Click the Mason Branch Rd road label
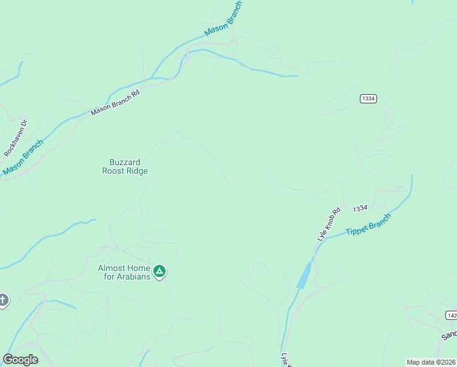point(115,103)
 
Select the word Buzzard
point(125,162)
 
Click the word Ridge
point(137,171)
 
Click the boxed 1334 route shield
point(368,98)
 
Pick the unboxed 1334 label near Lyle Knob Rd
point(360,208)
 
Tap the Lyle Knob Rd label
point(328,224)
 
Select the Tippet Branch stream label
point(368,224)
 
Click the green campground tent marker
point(159,271)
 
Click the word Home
point(139,268)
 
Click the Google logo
point(20,360)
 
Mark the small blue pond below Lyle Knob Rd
point(304,275)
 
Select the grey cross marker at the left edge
point(2,300)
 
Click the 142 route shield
point(452,315)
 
